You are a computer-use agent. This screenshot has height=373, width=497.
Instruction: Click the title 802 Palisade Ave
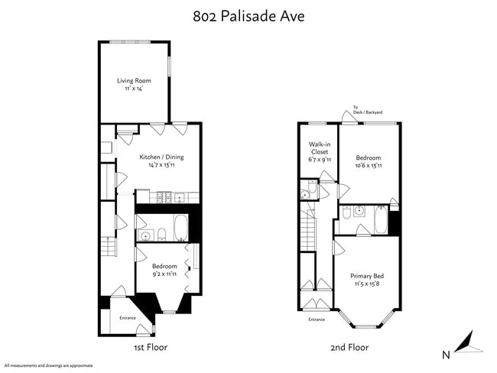pos(248,16)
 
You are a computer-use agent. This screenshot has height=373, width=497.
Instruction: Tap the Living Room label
pos(133,80)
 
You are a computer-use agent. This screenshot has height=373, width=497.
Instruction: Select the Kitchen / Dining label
pos(161,157)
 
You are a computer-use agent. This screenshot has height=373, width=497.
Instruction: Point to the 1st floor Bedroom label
pos(164,266)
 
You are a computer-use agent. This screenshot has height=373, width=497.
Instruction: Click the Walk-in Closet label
pos(319,148)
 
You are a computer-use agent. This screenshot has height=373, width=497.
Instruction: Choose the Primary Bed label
pos(367,276)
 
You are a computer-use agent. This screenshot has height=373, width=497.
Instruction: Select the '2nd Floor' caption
pos(349,347)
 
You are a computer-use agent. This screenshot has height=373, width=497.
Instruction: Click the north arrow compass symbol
pos(469,344)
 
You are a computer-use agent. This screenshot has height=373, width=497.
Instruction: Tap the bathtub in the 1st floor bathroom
pos(180,228)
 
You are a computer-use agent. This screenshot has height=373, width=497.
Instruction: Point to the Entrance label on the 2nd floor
pos(317,319)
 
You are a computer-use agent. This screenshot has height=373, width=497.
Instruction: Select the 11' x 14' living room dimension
pos(133,88)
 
